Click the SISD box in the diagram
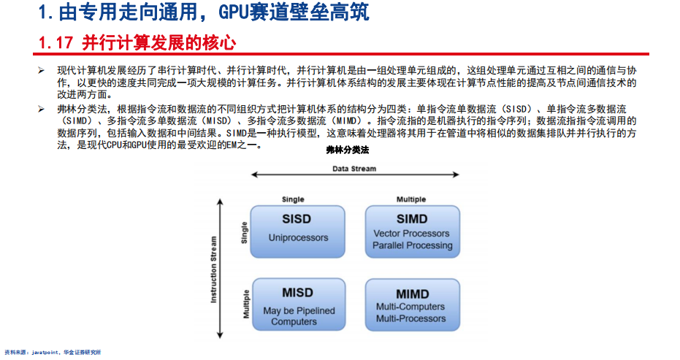point(297,231)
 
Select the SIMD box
point(413,231)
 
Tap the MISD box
point(299,305)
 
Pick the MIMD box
point(413,305)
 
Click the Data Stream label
point(354,169)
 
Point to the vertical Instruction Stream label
point(213,269)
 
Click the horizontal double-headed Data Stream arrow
point(355,175)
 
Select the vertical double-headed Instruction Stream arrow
point(220,269)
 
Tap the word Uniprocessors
point(298,237)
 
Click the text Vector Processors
point(411,234)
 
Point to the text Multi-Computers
point(410,307)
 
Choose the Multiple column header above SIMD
point(411,199)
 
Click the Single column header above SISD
point(293,199)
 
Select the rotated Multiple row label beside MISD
point(246,304)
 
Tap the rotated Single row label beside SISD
point(244,233)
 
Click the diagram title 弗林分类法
point(348,150)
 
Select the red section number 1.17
point(56,43)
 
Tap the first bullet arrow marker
point(41,71)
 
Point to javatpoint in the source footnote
point(45,353)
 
